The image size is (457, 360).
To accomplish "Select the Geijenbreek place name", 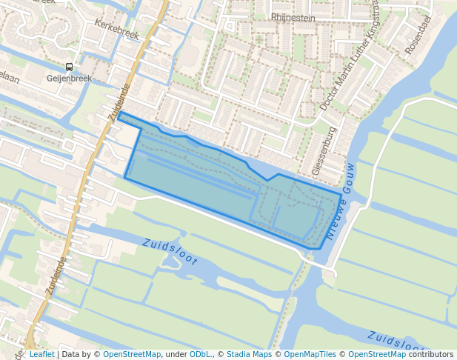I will tap(69, 79).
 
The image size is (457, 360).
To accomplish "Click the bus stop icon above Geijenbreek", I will tap(69, 67).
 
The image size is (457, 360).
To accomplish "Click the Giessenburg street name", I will tap(326, 150).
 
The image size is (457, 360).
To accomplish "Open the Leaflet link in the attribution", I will tap(41, 354).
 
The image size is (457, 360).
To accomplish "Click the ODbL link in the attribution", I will tap(200, 354).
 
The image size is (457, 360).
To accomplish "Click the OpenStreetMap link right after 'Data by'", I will tap(132, 354).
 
